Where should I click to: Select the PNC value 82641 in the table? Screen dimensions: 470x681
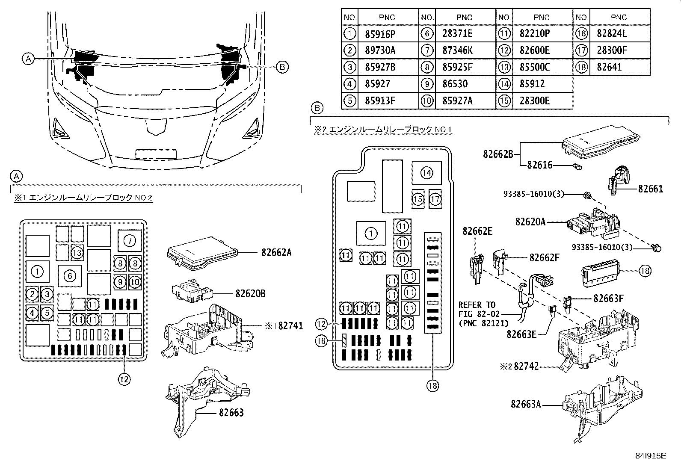pyautogui.click(x=609, y=67)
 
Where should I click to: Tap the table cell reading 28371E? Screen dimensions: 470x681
pyautogui.click(x=457, y=34)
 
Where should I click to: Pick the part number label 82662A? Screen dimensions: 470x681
pyautogui.click(x=276, y=253)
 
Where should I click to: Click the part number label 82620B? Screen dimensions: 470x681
pyautogui.click(x=250, y=294)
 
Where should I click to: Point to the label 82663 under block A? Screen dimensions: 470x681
pyautogui.click(x=231, y=413)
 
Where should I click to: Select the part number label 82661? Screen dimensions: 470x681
pyautogui.click(x=651, y=189)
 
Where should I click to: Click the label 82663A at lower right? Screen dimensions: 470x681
pyautogui.click(x=526, y=404)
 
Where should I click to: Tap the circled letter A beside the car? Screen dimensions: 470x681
pyautogui.click(x=28, y=59)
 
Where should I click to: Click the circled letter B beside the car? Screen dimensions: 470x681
pyautogui.click(x=282, y=67)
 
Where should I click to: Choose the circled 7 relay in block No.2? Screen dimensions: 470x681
pyautogui.click(x=130, y=241)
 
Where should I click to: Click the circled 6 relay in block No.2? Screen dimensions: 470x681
pyautogui.click(x=70, y=276)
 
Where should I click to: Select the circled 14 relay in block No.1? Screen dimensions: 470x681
pyautogui.click(x=426, y=173)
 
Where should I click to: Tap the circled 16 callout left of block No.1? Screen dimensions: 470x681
pyautogui.click(x=321, y=340)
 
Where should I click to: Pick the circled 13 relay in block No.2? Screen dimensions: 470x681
pyautogui.click(x=77, y=252)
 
